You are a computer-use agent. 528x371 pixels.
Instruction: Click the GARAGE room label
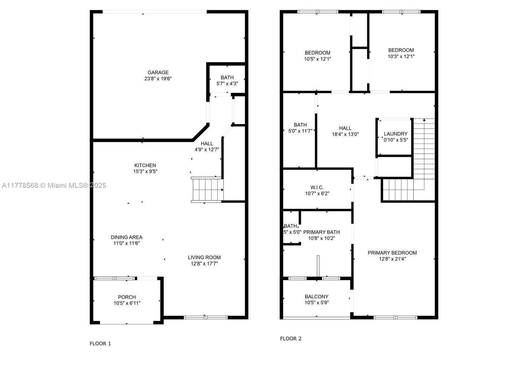[158, 72]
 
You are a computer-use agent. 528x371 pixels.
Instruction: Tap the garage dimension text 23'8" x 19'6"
[158, 79]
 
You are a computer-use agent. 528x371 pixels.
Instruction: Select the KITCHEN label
[145, 165]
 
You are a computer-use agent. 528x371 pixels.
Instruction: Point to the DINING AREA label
[127, 237]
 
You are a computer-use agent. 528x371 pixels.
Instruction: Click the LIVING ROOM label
[204, 257]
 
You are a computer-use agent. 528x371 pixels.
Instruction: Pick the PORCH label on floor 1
[127, 297]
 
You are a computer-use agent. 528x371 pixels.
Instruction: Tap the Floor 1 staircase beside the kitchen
[207, 189]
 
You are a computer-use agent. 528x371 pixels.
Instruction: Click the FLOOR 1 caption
[100, 344]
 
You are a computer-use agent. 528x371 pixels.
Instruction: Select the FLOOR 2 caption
[291, 339]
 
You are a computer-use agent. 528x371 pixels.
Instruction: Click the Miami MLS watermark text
[54, 186]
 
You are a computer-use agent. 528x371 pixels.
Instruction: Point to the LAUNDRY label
[396, 134]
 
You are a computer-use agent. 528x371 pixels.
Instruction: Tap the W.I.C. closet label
[317, 187]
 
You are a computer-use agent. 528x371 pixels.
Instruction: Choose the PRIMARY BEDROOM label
[392, 253]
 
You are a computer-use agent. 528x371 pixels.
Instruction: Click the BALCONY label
[316, 297]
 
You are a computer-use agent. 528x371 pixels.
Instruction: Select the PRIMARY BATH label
[321, 232]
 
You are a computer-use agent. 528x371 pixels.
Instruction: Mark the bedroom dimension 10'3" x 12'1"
[401, 57]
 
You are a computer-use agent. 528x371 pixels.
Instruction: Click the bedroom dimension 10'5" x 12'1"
[317, 59]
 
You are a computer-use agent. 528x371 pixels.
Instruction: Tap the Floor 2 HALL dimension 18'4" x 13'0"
[345, 134]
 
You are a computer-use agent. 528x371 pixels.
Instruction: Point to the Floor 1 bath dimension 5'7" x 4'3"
[227, 84]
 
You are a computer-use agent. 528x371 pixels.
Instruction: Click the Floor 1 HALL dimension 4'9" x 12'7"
[207, 149]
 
